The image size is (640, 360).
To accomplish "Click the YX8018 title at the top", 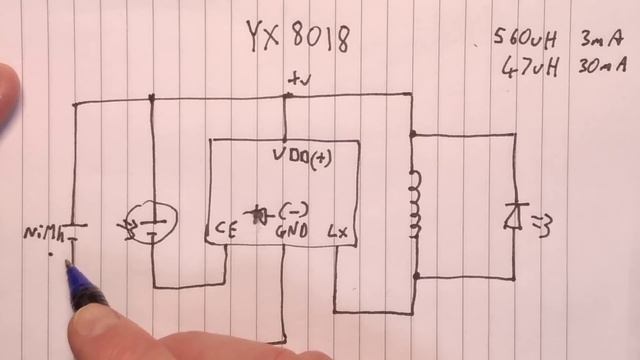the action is [x=298, y=37].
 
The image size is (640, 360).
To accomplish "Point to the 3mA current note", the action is [x=600, y=40].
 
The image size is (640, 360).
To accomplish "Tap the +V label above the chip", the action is [x=298, y=78].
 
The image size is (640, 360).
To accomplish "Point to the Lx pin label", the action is [x=343, y=231].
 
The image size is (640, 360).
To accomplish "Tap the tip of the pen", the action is [x=69, y=264].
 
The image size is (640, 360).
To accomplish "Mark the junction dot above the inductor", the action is [x=411, y=132].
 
